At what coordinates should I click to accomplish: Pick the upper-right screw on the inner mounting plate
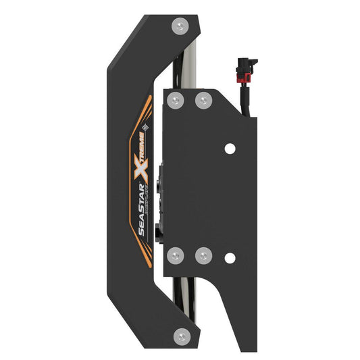203,101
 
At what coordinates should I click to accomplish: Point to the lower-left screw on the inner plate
176,255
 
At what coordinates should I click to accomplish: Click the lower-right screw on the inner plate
203,255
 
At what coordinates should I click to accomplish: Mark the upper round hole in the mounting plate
230,148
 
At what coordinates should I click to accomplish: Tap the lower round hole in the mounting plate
230,257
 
